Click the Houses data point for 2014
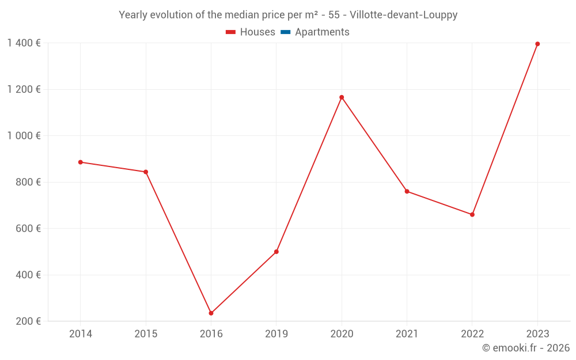81,162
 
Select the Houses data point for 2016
211,313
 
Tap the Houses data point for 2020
342,97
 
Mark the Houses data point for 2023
537,44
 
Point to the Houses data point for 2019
276,252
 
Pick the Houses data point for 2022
472,214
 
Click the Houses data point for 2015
146,172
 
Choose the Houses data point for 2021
407,191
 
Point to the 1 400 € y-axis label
24,43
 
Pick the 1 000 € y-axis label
24,136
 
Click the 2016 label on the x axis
211,334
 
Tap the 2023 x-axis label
537,334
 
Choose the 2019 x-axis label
276,334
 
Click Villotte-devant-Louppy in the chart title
403,15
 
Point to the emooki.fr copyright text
525,348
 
